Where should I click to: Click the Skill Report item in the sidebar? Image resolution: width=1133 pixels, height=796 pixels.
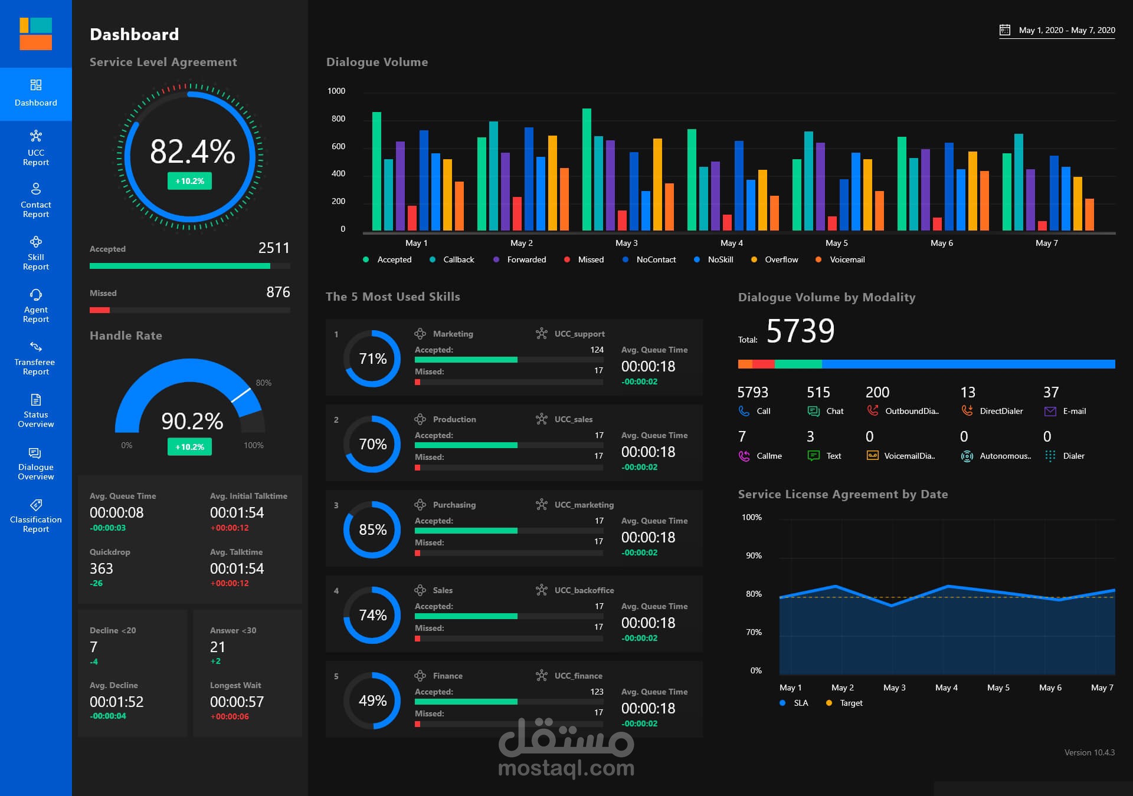35,253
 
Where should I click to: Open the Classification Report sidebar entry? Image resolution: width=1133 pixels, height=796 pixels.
35,516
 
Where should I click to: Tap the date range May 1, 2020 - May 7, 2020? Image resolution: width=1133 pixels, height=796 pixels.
1066,30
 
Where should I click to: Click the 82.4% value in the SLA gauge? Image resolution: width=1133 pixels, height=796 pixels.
192,152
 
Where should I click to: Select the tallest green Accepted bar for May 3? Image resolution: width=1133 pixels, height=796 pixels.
587,170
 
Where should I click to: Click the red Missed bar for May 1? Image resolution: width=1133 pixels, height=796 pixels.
412,218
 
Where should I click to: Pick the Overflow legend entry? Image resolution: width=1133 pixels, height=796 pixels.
781,259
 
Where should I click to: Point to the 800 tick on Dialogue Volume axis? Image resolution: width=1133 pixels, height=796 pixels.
338,119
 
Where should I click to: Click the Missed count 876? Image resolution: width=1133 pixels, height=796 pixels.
278,292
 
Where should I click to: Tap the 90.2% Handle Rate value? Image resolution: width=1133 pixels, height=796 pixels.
192,421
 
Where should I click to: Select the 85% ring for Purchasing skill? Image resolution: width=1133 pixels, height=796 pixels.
372,529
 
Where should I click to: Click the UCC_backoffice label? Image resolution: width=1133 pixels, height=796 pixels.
584,590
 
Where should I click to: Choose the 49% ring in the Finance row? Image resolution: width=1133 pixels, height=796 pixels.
372,700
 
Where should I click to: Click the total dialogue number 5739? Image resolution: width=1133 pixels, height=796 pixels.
800,331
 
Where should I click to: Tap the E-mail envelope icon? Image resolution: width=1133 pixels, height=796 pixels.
1050,412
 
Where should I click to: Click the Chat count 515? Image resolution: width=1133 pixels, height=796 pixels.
818,392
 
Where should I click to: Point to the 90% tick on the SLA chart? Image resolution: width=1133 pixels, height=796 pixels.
754,555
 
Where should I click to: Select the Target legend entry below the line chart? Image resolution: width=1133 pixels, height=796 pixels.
850,703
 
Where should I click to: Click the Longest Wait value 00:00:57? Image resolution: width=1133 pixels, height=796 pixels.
237,702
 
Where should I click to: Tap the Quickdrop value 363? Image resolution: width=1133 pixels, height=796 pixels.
101,568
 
